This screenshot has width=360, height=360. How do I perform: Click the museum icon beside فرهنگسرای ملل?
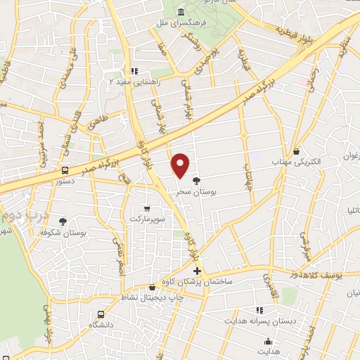pyautogui.click(x=181, y=13)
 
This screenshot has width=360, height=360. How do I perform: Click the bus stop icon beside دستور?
pyautogui.click(x=65, y=170)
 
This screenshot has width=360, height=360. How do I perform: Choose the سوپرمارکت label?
pyautogui.click(x=146, y=219)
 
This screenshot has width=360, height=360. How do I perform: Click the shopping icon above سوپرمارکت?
pyautogui.click(x=146, y=209)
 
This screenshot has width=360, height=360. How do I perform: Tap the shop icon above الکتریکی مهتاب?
pyautogui.click(x=296, y=151)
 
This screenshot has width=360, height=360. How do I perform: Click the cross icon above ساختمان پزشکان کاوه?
pyautogui.click(x=197, y=271)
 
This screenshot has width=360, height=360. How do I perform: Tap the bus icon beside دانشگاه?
pyautogui.click(x=102, y=314)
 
